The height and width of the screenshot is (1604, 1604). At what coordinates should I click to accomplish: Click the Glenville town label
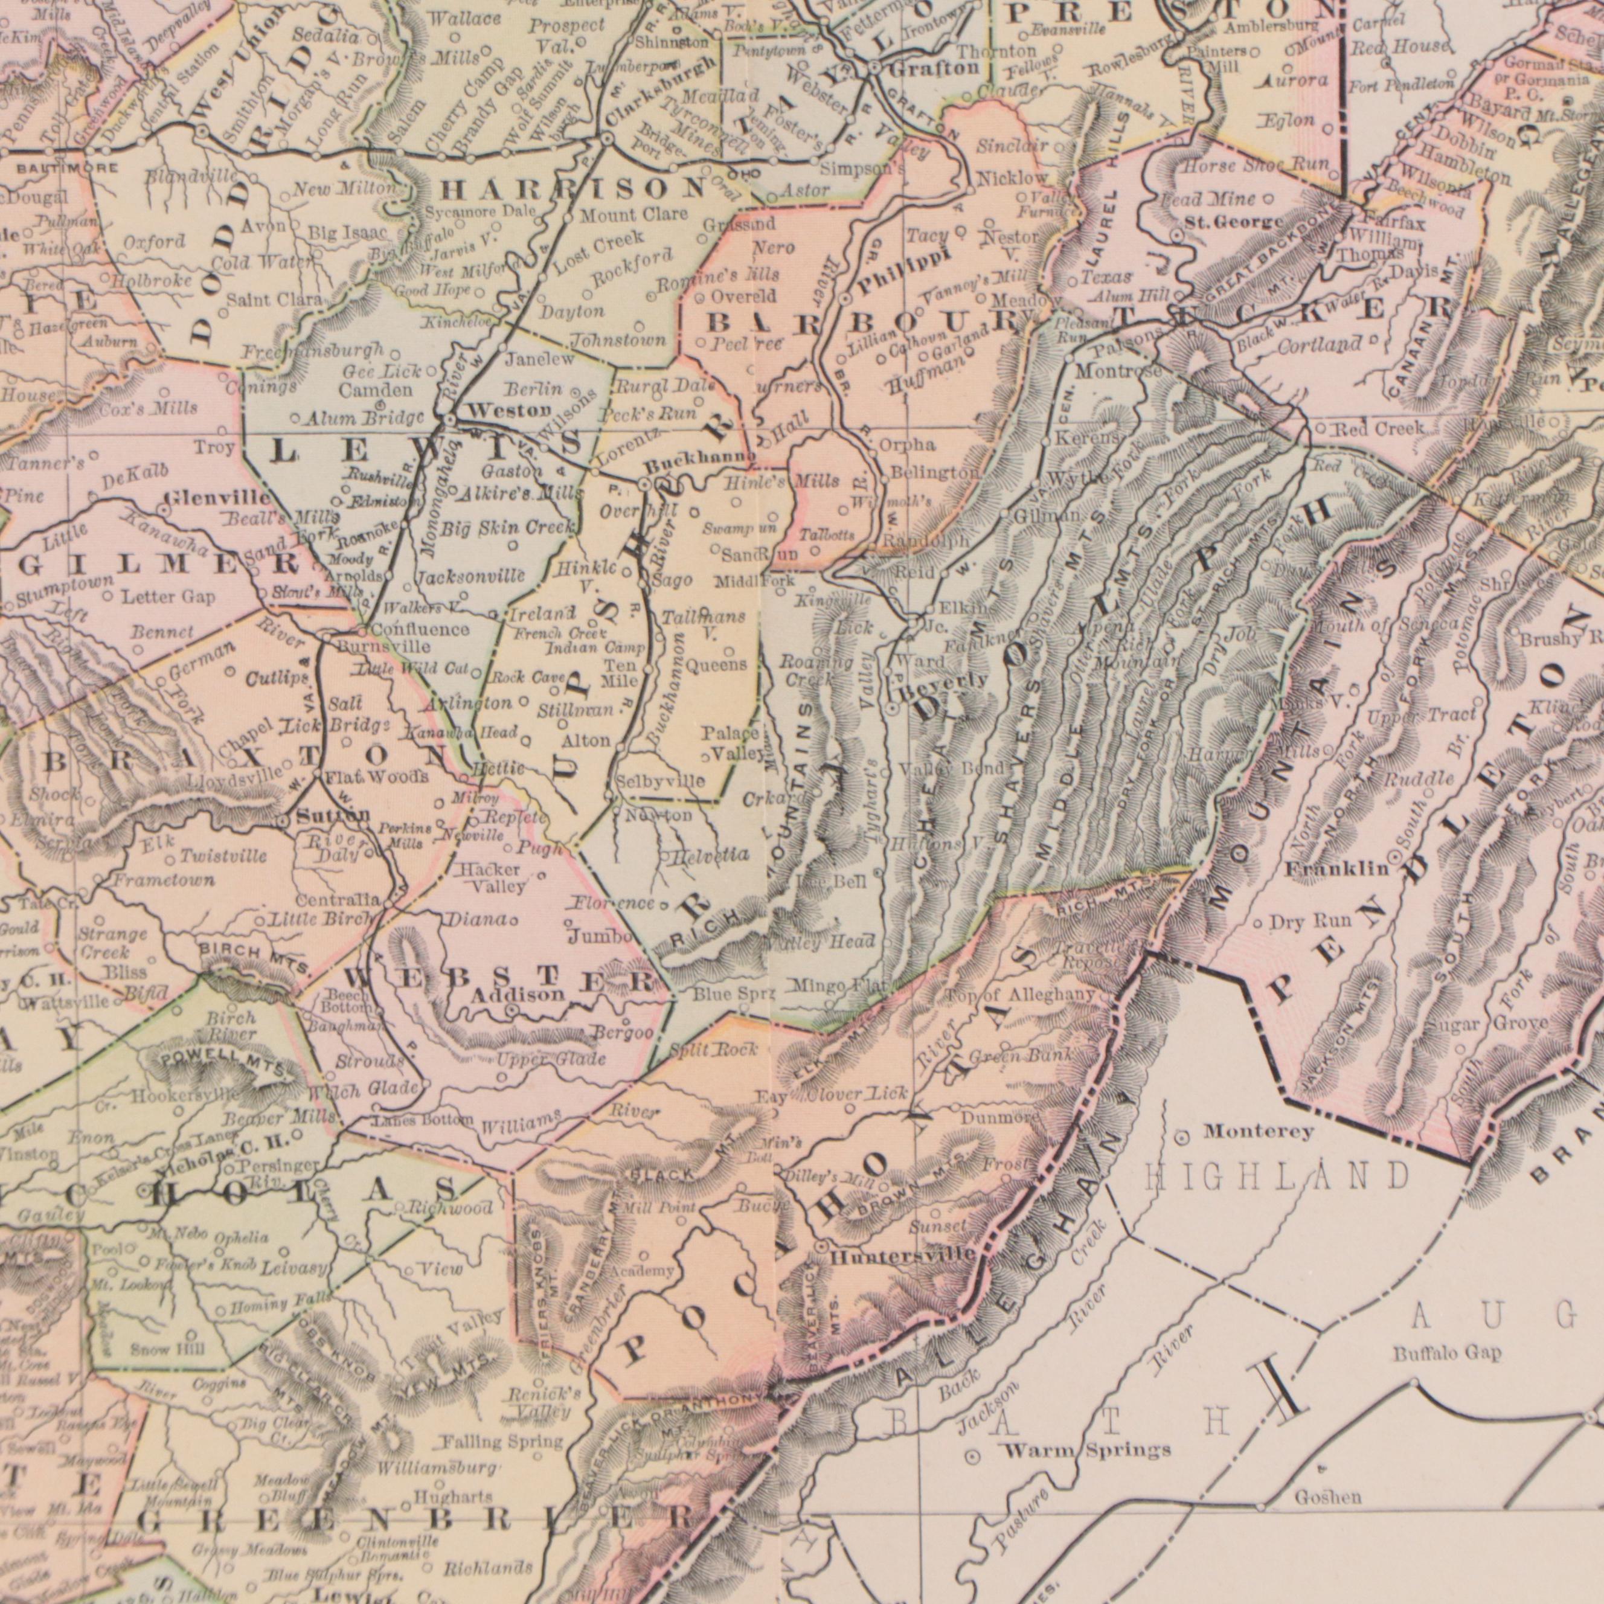[217, 499]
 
